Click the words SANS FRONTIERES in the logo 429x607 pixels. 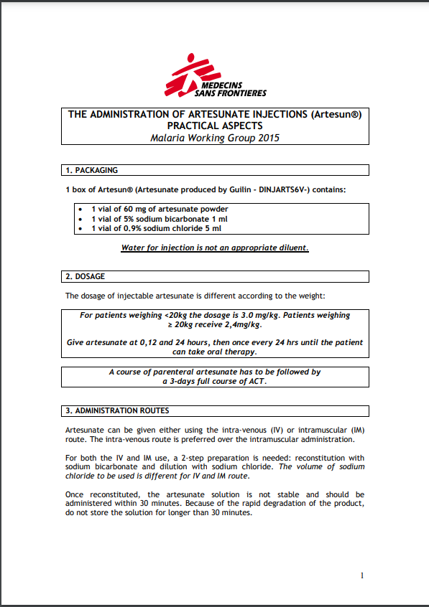tap(230, 93)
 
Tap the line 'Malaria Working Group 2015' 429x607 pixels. tap(216, 138)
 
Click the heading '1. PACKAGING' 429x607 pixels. tap(91, 171)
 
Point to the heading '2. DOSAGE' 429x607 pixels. tap(85, 276)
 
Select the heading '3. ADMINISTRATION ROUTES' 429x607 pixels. tap(117, 411)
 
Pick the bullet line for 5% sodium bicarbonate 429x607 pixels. tap(159, 218)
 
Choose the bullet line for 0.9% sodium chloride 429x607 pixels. tap(155, 228)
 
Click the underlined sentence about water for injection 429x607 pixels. tap(215, 248)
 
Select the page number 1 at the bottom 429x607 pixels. tap(362, 575)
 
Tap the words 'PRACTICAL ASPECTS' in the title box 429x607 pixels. tap(216, 126)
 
